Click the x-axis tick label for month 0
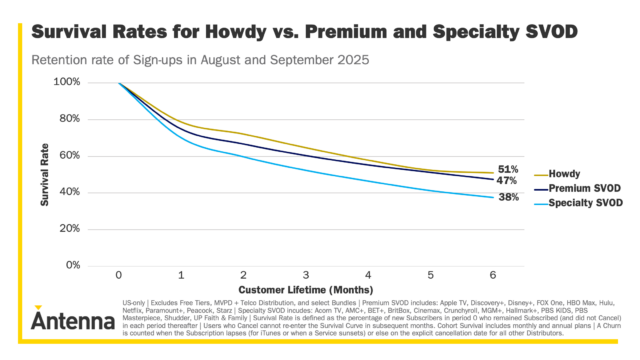pyautogui.click(x=119, y=275)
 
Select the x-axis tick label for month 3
pyautogui.click(x=306, y=275)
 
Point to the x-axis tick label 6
pyautogui.click(x=493, y=275)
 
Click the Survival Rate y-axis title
pyautogui.click(x=46, y=174)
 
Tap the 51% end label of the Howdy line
pyautogui.click(x=507, y=169)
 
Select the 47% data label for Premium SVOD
pyautogui.click(x=507, y=181)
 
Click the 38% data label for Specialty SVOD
pyautogui.click(x=507, y=198)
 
